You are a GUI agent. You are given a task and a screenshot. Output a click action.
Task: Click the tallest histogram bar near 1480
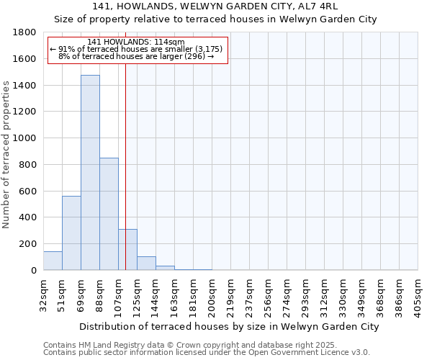click(90, 173)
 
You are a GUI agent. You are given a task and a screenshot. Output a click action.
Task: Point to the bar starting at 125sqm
click(146, 264)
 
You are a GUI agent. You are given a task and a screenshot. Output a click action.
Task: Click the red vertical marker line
click(125, 144)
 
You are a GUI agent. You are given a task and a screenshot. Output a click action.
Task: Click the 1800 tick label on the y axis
click(25, 33)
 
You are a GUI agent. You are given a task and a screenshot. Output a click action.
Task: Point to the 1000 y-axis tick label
click(25, 138)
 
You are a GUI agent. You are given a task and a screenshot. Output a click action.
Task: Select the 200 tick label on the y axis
click(28, 244)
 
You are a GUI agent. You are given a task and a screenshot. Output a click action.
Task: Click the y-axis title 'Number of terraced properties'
click(7, 155)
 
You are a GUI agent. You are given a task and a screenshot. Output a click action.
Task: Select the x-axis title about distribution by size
click(229, 327)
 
